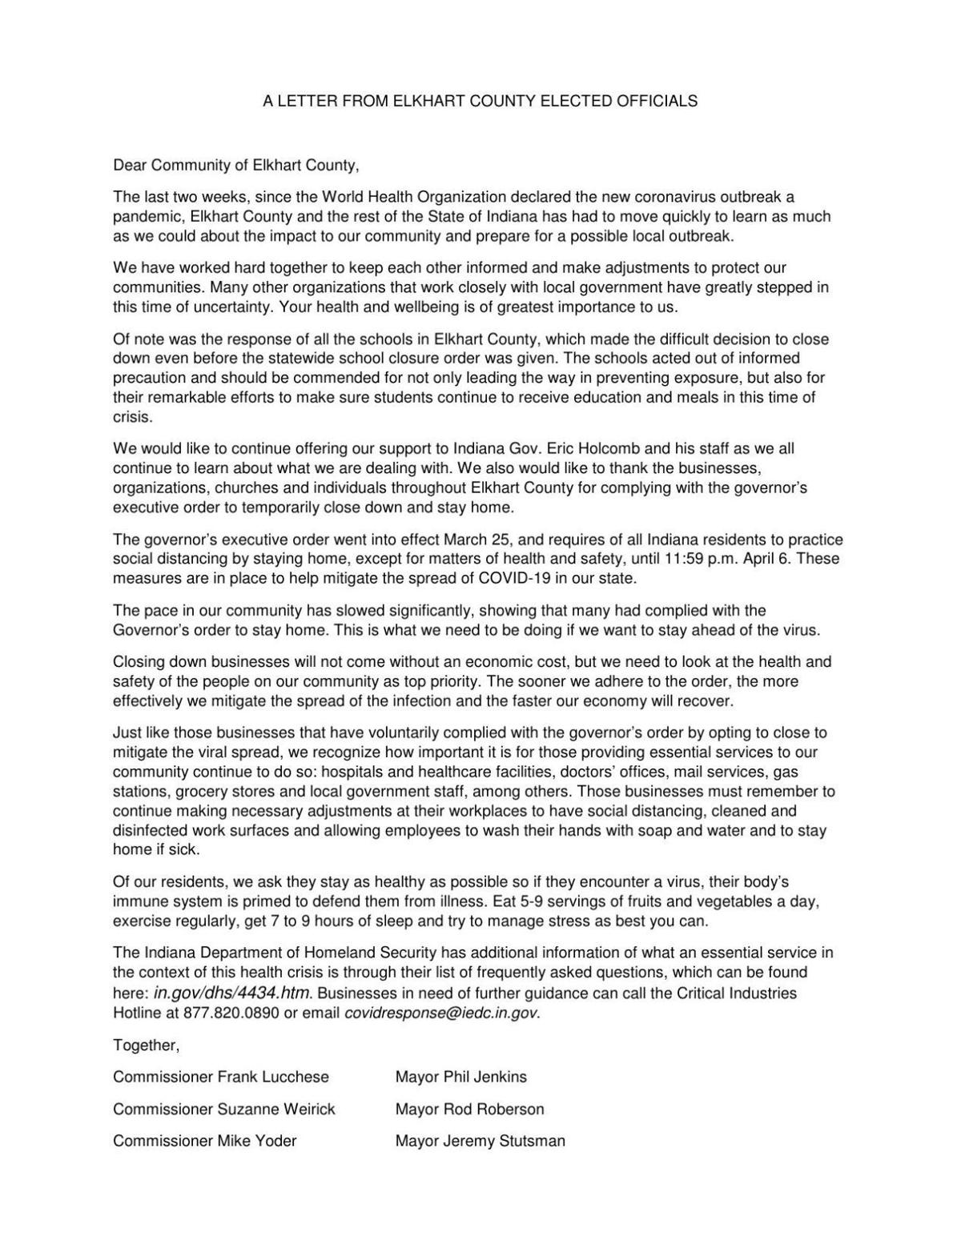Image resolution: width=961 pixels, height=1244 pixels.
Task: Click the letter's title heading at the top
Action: point(480,101)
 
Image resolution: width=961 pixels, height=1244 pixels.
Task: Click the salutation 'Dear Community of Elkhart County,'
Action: point(236,166)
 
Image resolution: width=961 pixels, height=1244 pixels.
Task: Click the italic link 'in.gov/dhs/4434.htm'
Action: point(231,993)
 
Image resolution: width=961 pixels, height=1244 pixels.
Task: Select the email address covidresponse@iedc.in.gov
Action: point(440,1013)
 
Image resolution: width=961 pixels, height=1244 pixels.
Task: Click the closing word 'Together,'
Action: point(147,1045)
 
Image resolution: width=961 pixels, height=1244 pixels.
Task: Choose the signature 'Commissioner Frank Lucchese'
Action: point(221,1077)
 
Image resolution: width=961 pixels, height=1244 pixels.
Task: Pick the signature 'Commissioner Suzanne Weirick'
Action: point(224,1110)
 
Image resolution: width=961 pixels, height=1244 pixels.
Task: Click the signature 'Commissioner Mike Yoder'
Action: point(205,1142)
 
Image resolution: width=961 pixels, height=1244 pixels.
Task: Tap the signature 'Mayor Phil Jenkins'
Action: point(461,1077)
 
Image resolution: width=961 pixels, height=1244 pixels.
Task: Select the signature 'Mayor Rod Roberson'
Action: point(469,1110)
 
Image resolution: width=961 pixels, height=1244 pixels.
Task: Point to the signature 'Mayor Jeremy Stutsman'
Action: point(480,1142)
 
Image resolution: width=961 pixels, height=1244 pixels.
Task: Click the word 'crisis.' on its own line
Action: point(132,417)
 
